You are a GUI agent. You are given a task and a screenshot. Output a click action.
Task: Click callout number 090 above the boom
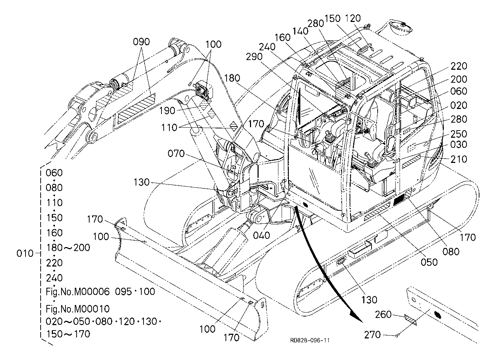(141, 42)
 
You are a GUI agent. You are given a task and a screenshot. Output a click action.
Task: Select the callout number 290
(254, 57)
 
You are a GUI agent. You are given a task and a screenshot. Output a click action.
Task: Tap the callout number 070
(176, 154)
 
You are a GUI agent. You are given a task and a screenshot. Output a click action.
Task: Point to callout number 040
(261, 235)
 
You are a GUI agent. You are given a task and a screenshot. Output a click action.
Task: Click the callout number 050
(429, 262)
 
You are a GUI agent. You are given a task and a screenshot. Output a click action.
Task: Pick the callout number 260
(383, 314)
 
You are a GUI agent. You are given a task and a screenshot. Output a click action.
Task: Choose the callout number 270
(372, 335)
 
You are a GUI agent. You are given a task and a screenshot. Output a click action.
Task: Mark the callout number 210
(459, 159)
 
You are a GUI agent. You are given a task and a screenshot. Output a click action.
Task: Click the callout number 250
(459, 134)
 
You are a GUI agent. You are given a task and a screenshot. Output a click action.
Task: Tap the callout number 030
(459, 145)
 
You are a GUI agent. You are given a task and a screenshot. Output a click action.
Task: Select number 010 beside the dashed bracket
(25, 253)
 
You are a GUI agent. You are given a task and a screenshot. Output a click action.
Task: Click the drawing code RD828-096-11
(310, 340)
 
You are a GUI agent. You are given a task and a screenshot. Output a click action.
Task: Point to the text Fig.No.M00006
(77, 292)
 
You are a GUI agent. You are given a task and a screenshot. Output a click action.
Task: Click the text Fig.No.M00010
(77, 309)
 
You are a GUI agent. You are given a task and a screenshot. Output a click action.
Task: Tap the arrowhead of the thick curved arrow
(357, 318)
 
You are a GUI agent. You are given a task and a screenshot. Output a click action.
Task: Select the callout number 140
(300, 31)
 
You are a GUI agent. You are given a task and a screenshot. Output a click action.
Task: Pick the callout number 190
(167, 110)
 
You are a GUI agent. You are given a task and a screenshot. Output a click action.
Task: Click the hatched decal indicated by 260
(410, 320)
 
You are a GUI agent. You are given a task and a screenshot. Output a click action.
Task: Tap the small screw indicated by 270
(397, 336)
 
